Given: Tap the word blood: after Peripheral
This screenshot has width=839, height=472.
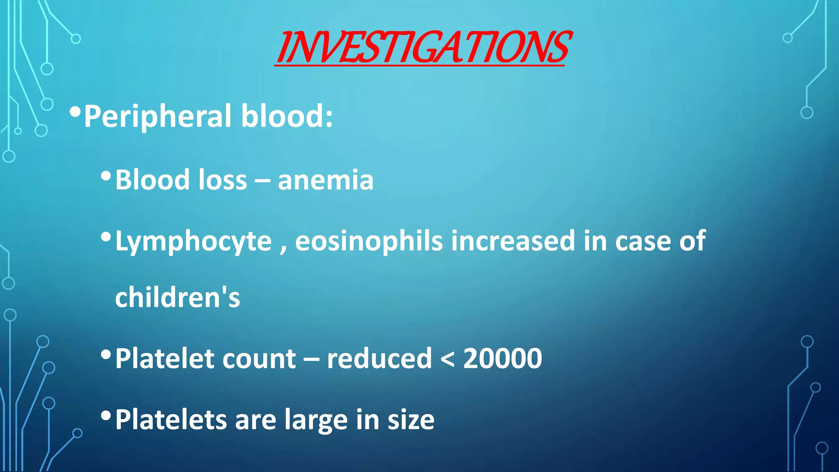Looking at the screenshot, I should tap(287, 116).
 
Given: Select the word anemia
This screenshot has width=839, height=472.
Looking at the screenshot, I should tap(326, 180).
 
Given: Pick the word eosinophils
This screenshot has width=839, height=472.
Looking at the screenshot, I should tap(369, 242).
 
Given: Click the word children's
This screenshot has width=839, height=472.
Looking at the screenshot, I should tap(177, 297).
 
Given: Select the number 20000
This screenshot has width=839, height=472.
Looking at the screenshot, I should tap(503, 359).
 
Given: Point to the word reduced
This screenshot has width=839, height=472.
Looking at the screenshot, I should tap(379, 359).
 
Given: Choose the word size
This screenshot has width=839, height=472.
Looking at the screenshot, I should tap(411, 420).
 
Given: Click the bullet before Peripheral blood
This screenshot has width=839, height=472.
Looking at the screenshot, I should tap(75, 111).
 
